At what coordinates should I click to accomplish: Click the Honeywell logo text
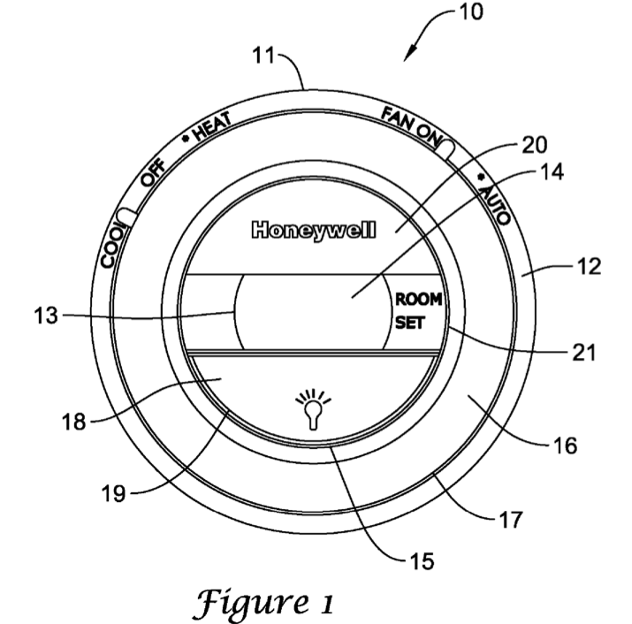(x=314, y=231)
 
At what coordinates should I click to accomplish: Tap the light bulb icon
(x=313, y=408)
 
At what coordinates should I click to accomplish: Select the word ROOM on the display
(x=418, y=300)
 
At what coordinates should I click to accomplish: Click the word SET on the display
(x=410, y=323)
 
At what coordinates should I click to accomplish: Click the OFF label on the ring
(x=153, y=172)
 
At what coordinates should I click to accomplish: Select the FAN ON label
(x=410, y=126)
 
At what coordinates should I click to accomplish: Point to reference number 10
(x=471, y=12)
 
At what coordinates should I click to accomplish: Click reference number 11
(x=263, y=55)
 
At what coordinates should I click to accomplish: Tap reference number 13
(x=46, y=316)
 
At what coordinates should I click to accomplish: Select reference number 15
(x=422, y=561)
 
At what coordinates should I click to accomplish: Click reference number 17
(x=511, y=519)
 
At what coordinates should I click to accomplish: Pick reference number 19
(x=114, y=493)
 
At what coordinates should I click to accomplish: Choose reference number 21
(x=584, y=353)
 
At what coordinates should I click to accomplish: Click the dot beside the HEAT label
(x=186, y=138)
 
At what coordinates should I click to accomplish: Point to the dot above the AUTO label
(x=481, y=177)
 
